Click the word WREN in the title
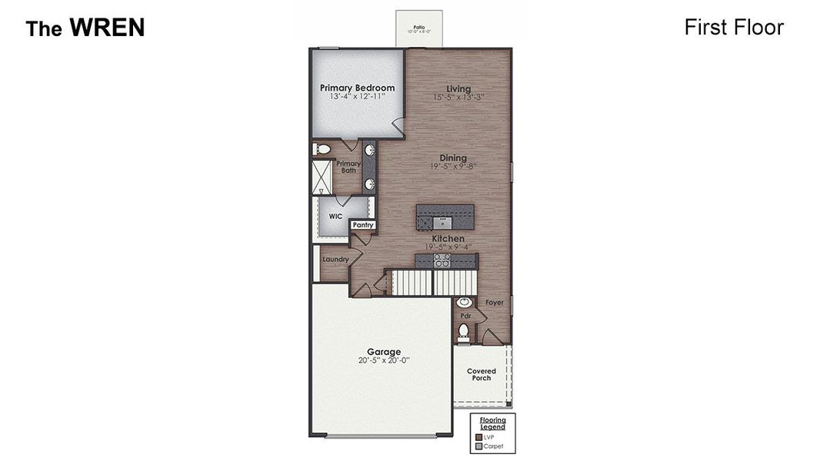click(x=107, y=28)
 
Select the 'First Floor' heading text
click(x=733, y=28)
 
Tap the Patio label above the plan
click(x=419, y=27)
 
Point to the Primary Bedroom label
click(x=357, y=88)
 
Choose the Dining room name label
click(x=453, y=158)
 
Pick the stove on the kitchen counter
click(x=442, y=261)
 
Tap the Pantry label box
click(x=362, y=225)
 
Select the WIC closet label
click(x=335, y=217)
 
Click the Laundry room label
click(x=335, y=260)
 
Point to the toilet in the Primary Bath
click(x=322, y=149)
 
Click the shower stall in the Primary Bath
click(x=322, y=177)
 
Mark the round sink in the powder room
click(x=465, y=303)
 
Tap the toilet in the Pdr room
click(x=463, y=332)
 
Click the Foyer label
click(x=495, y=303)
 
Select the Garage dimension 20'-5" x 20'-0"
click(x=384, y=360)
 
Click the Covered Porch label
click(x=482, y=374)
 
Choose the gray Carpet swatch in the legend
click(x=478, y=446)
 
